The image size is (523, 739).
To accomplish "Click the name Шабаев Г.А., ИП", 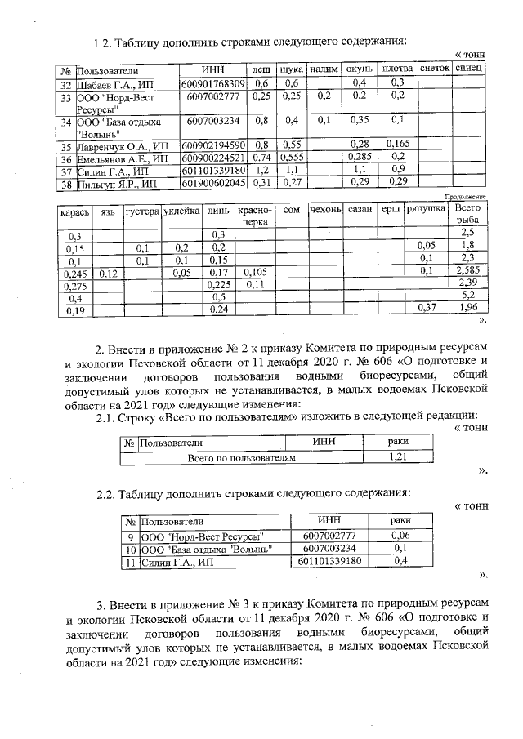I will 115,84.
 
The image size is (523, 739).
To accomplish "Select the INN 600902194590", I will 212,145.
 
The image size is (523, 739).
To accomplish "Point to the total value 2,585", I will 467,271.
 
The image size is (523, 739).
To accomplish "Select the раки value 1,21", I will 398,456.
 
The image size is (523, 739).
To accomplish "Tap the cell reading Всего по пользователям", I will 241,457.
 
